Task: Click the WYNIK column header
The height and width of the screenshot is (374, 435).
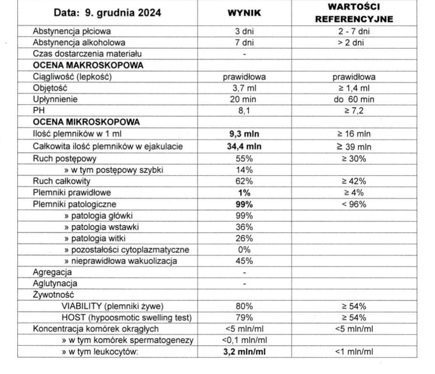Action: tap(244, 13)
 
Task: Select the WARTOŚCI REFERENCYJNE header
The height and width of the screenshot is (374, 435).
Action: tap(354, 13)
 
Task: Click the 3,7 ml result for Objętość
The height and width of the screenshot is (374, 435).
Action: tap(244, 89)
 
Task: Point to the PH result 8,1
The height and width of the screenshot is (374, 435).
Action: tap(244, 111)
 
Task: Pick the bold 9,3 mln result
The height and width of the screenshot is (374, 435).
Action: tap(244, 134)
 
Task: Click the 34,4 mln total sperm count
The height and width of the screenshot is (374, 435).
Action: tap(244, 146)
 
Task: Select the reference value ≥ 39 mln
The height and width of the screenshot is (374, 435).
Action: tap(354, 146)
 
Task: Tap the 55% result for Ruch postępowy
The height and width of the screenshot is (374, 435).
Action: tap(244, 159)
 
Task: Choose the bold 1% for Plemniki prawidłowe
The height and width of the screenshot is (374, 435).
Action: tap(244, 193)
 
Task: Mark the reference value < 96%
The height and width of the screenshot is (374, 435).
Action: tap(354, 204)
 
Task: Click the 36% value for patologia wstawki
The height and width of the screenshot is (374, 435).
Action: tap(244, 227)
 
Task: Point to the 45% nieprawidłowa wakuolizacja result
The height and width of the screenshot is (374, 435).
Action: tap(244, 261)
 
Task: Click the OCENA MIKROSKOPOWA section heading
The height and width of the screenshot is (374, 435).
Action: tap(86, 123)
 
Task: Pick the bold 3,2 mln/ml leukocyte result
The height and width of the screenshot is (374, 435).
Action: tap(244, 351)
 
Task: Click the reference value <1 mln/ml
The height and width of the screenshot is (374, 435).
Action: tap(354, 351)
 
